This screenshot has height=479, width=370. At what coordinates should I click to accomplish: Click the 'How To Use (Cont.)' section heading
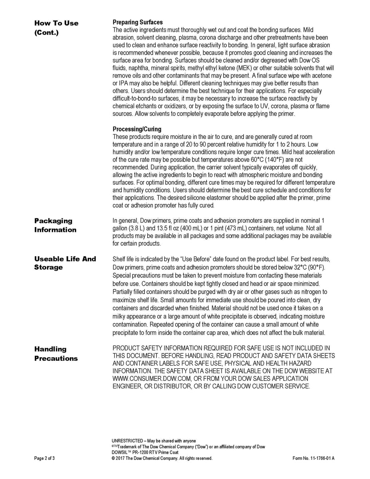click(56, 28)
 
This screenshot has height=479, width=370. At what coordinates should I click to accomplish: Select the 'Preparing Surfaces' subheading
click(137, 22)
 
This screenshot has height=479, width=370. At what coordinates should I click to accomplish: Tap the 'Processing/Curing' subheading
click(137, 129)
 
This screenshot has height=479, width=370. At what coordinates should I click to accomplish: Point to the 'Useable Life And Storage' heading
click(65, 263)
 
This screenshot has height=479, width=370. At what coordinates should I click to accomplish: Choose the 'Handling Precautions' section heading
click(55, 354)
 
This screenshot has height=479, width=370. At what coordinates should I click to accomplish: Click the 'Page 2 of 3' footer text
click(44, 459)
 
